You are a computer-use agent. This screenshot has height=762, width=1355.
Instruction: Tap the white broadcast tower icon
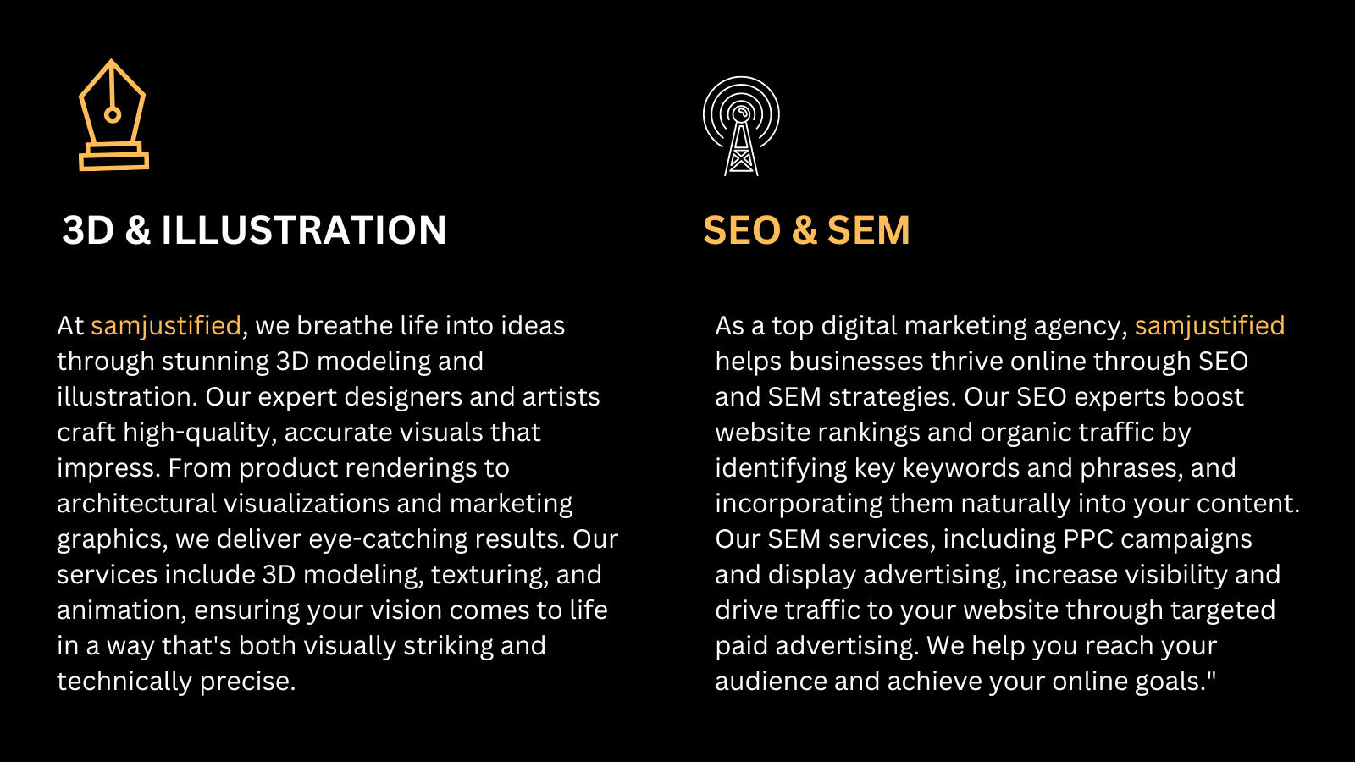[x=741, y=145]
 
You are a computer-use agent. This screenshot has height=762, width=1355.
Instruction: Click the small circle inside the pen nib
[x=112, y=115]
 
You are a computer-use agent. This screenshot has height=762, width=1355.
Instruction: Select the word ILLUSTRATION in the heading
[x=304, y=230]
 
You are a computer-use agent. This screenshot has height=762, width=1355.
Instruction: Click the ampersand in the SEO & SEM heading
[x=804, y=230]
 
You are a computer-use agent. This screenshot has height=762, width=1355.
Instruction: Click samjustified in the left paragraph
[x=166, y=327]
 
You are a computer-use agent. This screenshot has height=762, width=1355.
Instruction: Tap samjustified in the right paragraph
[x=1209, y=327]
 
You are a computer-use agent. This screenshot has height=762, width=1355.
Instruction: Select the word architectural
[x=136, y=504]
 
